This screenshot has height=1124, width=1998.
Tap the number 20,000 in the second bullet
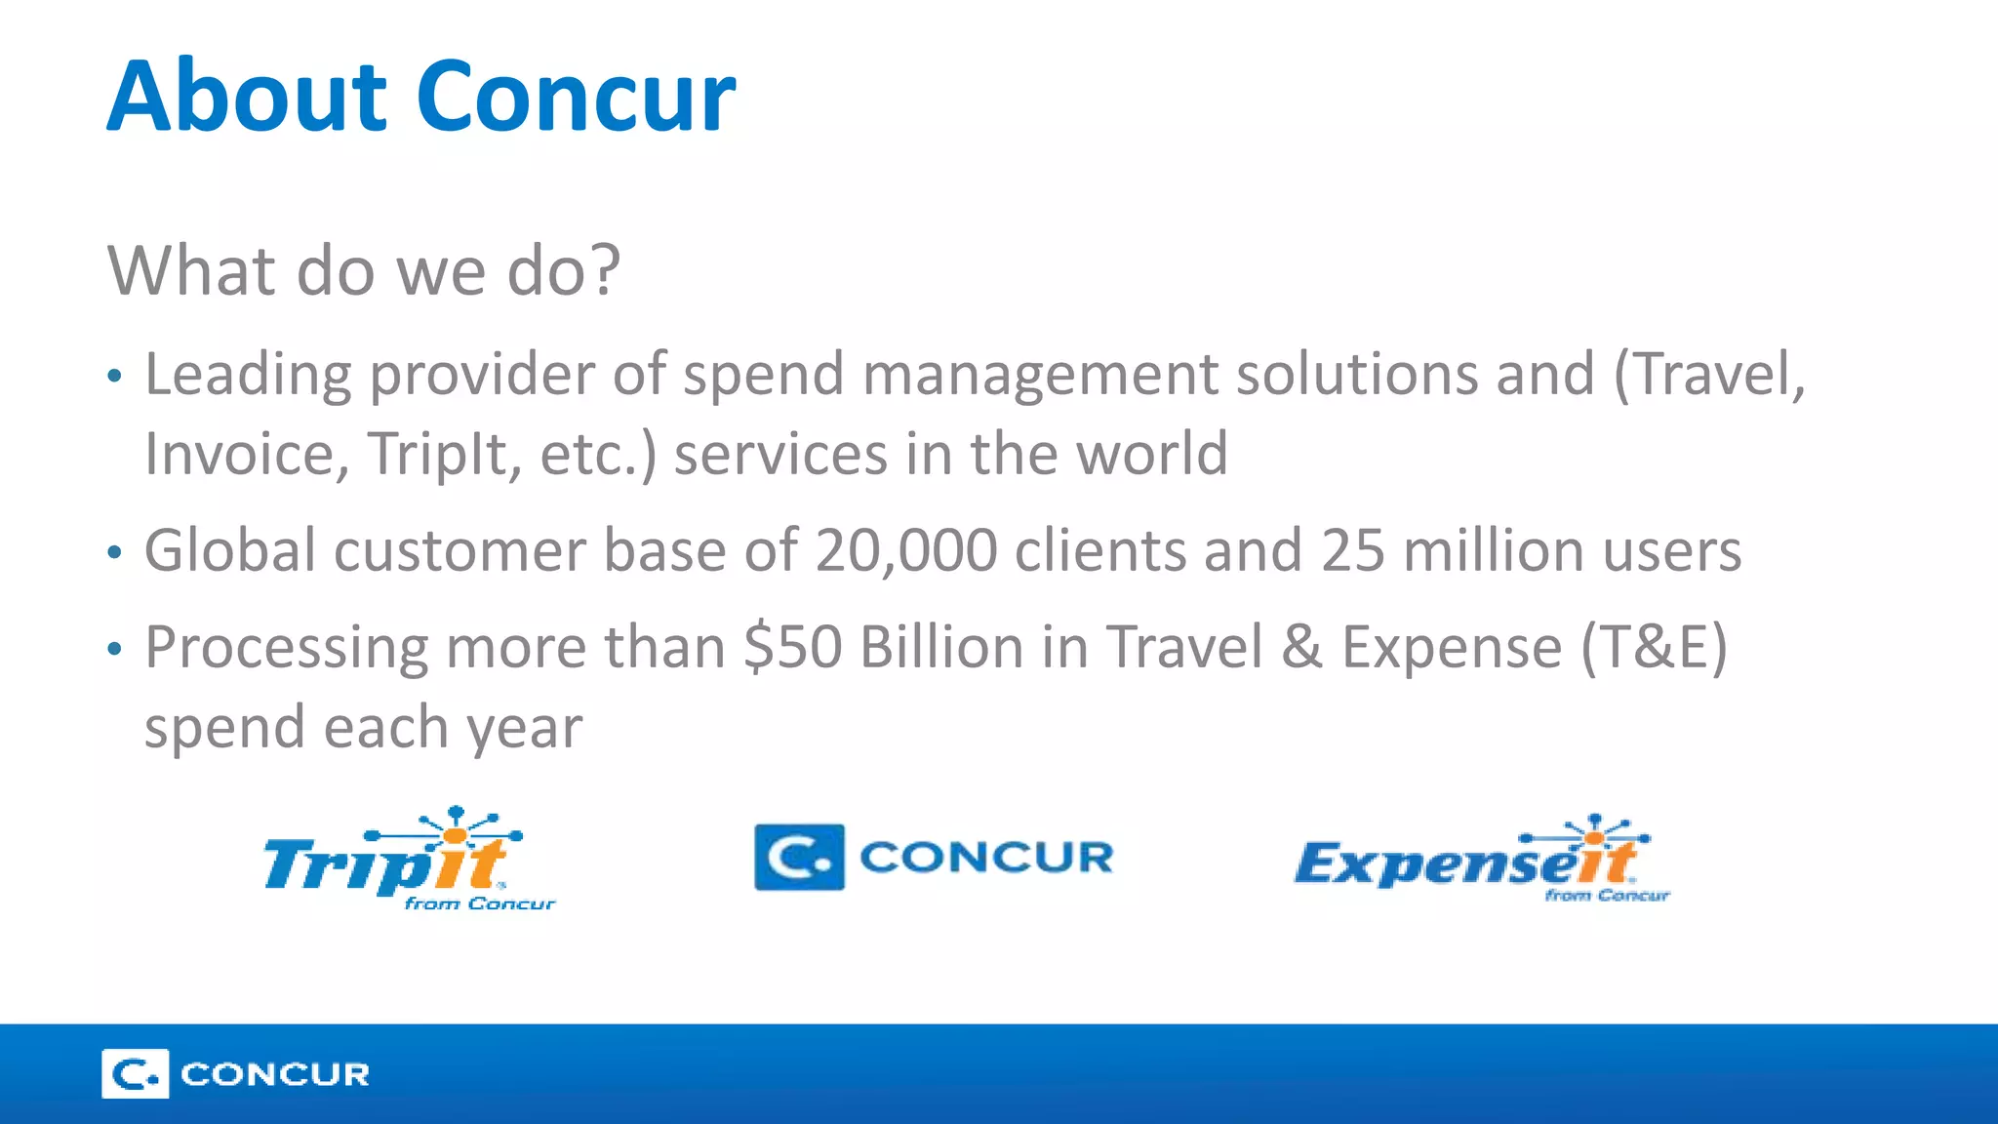coord(906,550)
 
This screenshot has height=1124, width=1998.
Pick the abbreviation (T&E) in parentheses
coord(1654,647)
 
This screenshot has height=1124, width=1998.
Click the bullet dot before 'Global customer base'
coord(115,553)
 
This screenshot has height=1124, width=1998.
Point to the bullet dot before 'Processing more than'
coord(115,649)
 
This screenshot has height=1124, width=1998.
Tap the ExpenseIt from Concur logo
coord(1481,860)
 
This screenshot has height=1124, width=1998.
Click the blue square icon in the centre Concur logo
coord(799,858)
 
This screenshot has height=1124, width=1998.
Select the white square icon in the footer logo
coord(135,1074)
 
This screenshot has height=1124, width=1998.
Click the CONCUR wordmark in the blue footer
coord(275,1074)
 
